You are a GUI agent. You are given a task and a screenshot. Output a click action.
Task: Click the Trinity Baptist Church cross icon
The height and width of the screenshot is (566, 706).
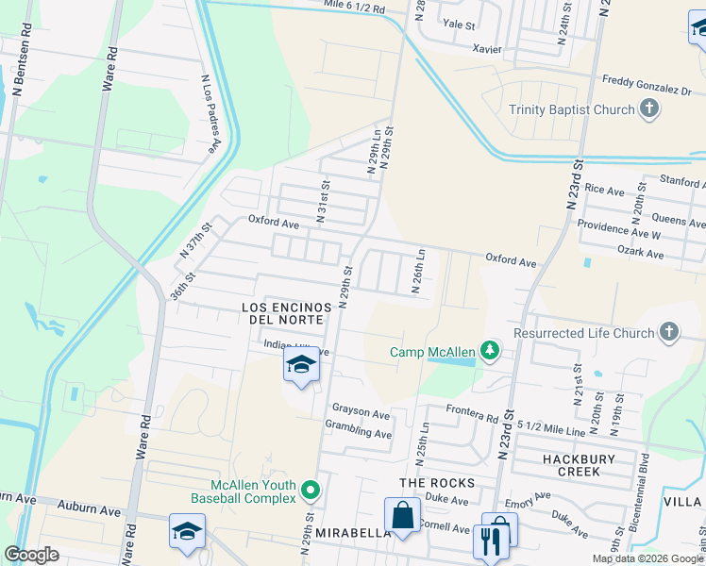tap(648, 109)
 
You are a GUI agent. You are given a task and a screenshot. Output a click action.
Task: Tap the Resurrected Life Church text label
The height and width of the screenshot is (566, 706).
tap(583, 333)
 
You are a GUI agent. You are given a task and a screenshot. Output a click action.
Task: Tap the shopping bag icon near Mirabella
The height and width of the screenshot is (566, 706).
tap(402, 516)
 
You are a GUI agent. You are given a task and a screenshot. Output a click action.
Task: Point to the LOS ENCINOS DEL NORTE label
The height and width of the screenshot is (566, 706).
tap(287, 313)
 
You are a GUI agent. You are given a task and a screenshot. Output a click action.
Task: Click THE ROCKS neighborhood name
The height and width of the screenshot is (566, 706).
tap(436, 483)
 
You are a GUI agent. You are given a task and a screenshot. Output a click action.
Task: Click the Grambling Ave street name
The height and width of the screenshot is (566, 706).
tap(358, 434)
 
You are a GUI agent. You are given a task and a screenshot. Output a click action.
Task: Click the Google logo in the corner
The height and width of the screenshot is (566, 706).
tap(32, 554)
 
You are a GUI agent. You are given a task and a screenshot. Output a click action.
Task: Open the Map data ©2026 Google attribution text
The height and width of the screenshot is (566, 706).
tap(647, 558)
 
